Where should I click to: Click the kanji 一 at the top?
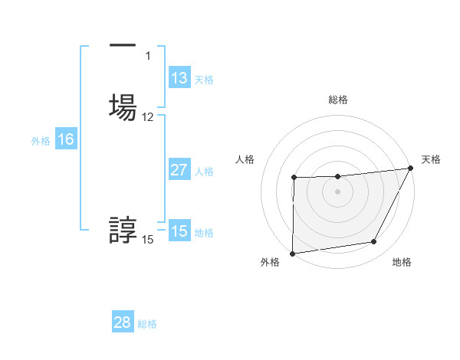(123, 47)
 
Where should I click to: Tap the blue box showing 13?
(179, 78)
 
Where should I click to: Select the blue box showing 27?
(179, 170)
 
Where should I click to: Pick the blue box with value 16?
(66, 139)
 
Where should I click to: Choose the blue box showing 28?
(123, 322)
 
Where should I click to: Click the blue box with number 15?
(179, 231)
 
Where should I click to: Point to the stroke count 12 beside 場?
(148, 117)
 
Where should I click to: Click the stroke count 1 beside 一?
(148, 56)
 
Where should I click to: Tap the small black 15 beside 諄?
(148, 240)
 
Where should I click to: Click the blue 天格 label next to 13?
(204, 80)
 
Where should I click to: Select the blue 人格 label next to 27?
(204, 172)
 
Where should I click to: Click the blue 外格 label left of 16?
(41, 141)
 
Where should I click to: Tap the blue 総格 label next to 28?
(147, 324)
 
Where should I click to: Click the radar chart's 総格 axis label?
(338, 100)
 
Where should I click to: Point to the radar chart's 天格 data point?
(412, 169)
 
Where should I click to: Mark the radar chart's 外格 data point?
(293, 253)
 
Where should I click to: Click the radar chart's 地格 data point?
(374, 242)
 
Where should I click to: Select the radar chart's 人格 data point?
(294, 178)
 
